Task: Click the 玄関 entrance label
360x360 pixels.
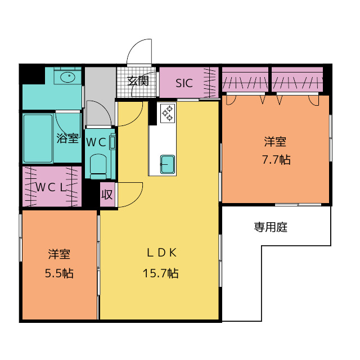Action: click(x=138, y=81)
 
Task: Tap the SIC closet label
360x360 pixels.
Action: click(x=184, y=83)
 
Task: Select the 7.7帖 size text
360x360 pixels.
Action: click(x=276, y=160)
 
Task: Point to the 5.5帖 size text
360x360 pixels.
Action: click(x=59, y=273)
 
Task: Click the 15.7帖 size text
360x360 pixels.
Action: click(x=160, y=273)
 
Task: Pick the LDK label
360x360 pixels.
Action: click(x=161, y=253)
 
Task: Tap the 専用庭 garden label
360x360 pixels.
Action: click(x=271, y=227)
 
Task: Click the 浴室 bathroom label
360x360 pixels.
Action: click(x=67, y=138)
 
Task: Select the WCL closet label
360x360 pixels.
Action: click(x=51, y=187)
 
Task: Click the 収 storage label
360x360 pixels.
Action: click(x=107, y=195)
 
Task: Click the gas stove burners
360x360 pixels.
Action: click(x=168, y=113)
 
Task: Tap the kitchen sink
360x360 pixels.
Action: click(x=168, y=164)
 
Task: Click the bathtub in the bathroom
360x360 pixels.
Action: click(x=38, y=138)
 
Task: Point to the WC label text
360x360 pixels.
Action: click(x=96, y=142)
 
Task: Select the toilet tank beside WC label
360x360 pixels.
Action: click(x=112, y=142)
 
